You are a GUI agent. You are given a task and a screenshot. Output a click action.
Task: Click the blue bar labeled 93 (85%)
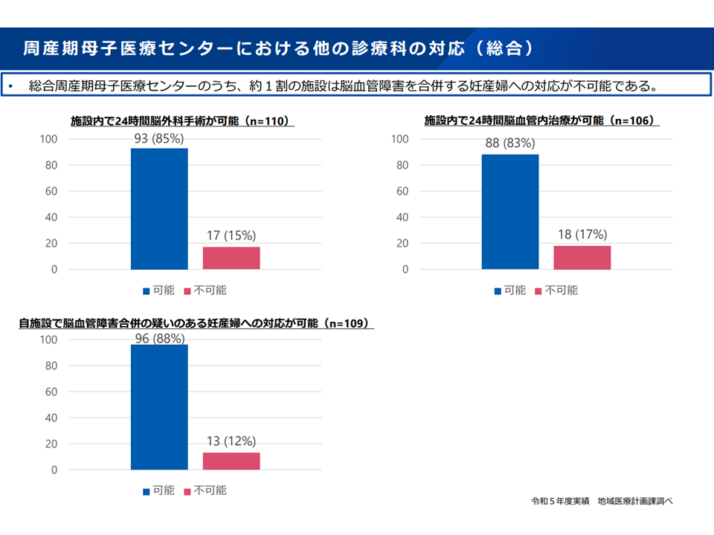tap(159, 209)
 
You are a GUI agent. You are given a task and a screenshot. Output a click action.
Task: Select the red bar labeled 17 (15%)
tap(231, 258)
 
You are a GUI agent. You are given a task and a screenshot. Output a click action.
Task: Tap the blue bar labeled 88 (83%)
tap(510, 212)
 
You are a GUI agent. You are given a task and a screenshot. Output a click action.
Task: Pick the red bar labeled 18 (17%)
tap(582, 257)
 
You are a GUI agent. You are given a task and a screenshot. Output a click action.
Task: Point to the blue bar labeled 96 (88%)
tap(159, 407)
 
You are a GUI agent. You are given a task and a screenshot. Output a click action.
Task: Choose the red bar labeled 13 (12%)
tap(231, 461)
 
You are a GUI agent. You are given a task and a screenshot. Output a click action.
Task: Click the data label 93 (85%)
tap(159, 139)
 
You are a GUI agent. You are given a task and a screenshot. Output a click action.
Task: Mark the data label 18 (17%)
tap(582, 235)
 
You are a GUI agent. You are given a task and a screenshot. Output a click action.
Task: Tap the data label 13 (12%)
tap(231, 441)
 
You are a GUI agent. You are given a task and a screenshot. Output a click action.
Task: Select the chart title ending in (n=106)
tap(541, 120)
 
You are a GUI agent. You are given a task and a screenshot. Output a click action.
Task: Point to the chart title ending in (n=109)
tap(196, 324)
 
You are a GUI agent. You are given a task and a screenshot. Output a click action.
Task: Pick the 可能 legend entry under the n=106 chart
tap(511, 290)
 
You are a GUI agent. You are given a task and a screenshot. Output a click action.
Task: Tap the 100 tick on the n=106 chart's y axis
tap(399, 139)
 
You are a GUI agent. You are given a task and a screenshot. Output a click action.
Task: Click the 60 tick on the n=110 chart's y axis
tap(50, 191)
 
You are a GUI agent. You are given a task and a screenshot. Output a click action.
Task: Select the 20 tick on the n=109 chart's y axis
tap(50, 444)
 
